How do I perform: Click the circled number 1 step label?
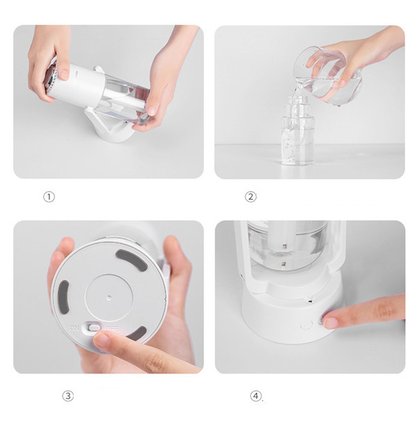click(x=49, y=196)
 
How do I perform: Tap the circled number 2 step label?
click(x=250, y=196)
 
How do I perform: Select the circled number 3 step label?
click(x=68, y=396)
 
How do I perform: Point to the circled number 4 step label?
click(x=256, y=396)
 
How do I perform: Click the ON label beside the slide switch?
click(x=74, y=328)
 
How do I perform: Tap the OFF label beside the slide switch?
click(x=113, y=328)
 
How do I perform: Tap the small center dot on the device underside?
click(x=109, y=297)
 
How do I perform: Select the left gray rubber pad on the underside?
click(x=63, y=298)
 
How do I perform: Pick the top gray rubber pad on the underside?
click(x=132, y=260)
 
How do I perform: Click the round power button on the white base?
click(x=306, y=325)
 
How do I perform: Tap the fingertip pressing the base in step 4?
click(x=330, y=321)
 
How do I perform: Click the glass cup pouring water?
click(x=327, y=76)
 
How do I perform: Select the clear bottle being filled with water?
click(x=297, y=131)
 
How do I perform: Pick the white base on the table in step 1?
click(x=109, y=126)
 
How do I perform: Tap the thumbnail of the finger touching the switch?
click(x=101, y=340)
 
